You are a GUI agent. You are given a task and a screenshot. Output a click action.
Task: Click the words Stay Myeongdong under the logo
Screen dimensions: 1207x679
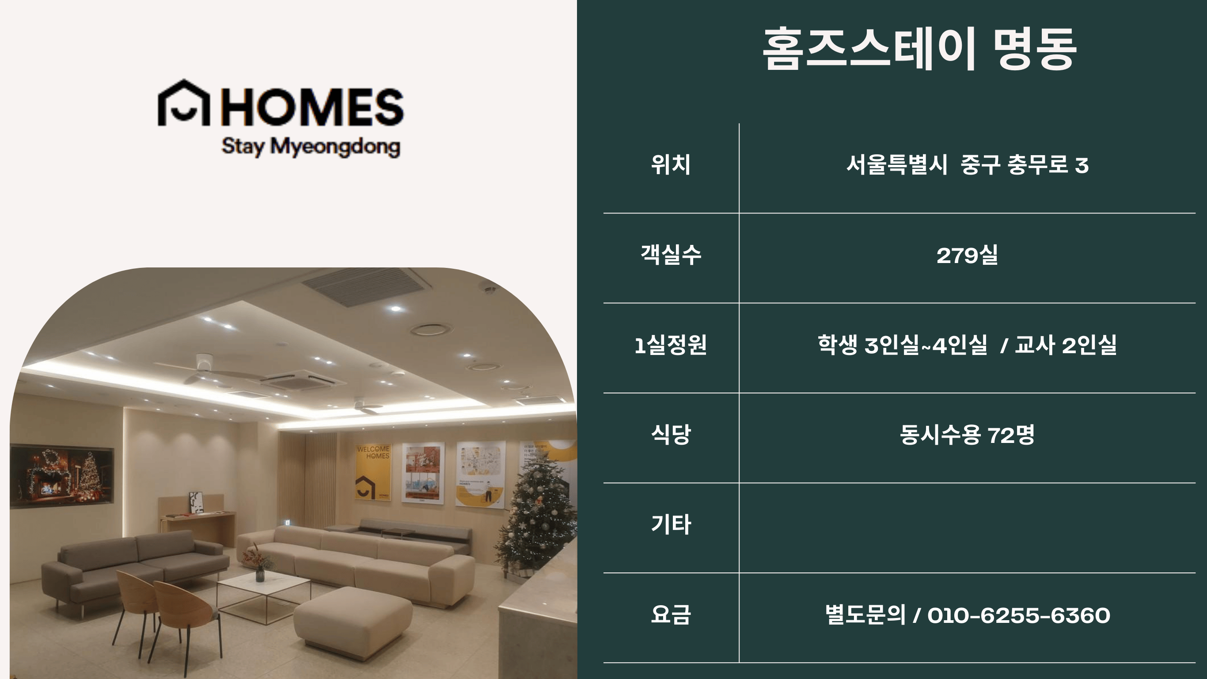pyautogui.click(x=311, y=146)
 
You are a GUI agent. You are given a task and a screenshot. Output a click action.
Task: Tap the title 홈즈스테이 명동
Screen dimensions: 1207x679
pyautogui.click(x=919, y=49)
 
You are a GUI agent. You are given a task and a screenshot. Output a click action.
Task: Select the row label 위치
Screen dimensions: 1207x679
pyautogui.click(x=671, y=164)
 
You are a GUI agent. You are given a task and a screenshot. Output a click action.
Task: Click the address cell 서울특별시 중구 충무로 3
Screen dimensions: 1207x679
pyautogui.click(x=967, y=164)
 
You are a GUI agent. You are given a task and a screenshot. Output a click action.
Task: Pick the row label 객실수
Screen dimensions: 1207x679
pyautogui.click(x=671, y=255)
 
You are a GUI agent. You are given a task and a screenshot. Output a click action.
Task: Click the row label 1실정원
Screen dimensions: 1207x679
pyautogui.click(x=671, y=345)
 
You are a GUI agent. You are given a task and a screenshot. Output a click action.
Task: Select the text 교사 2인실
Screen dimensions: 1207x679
pyautogui.click(x=1066, y=345)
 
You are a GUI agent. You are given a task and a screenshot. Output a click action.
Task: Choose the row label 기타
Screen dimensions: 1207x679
pyautogui.click(x=671, y=524)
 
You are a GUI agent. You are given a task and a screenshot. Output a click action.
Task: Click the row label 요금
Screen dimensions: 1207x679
pyautogui.click(x=671, y=614)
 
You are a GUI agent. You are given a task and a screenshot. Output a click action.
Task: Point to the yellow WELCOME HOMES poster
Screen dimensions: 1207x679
pyautogui.click(x=373, y=472)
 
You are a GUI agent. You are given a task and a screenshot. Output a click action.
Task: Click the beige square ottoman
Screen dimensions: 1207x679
pyautogui.click(x=353, y=616)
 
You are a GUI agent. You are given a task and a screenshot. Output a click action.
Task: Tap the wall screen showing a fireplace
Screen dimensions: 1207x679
pyautogui.click(x=62, y=476)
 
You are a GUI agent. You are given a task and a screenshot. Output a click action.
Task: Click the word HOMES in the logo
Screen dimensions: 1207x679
pyautogui.click(x=312, y=107)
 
